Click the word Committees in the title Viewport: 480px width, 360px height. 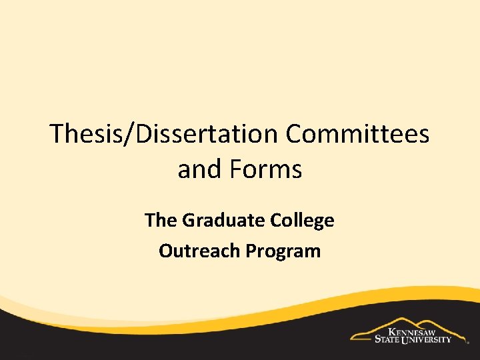click(x=357, y=134)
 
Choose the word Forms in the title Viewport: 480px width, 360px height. click(x=266, y=169)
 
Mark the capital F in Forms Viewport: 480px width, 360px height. click(x=234, y=169)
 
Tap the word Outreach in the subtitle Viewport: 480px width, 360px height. click(x=200, y=251)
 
